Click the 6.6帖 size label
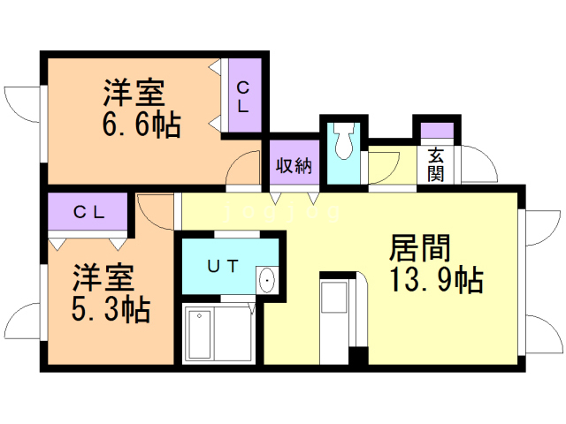point(141,125)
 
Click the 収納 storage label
point(294,165)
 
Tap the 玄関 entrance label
point(435,164)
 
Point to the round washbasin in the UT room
point(267,281)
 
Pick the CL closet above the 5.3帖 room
point(89,212)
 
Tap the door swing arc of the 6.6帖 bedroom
point(244,169)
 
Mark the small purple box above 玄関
point(437,132)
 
